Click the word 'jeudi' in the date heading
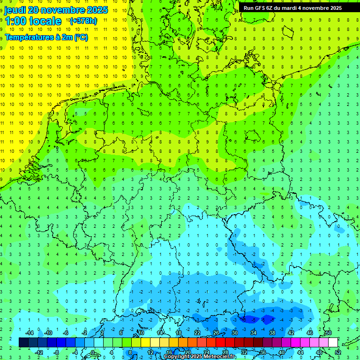15,10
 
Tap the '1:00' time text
15,21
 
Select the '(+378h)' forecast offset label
83,21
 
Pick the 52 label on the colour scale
338,352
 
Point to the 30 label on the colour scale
235,333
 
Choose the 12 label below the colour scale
150,352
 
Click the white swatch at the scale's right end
333,343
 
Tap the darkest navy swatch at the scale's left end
23,343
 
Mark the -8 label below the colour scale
57,352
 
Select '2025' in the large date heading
97,10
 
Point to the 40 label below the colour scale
282,352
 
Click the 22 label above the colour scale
197,333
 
